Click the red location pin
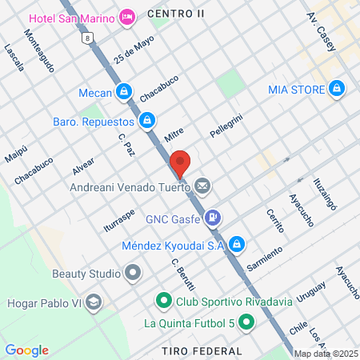(x=180, y=162)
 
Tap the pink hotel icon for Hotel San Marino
(x=126, y=17)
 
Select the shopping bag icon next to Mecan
(x=122, y=93)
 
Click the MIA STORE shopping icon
(x=337, y=88)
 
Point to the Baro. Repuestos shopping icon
(x=146, y=121)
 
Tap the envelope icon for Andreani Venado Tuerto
(x=202, y=187)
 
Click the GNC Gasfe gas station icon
(x=213, y=216)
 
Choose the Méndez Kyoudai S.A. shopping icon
(x=238, y=245)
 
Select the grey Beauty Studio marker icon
(x=133, y=274)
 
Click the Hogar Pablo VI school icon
(x=94, y=302)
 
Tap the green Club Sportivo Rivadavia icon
(x=164, y=302)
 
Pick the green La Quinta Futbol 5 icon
(x=246, y=323)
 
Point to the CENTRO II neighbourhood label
(x=177, y=14)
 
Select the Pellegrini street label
(x=226, y=126)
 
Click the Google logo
(x=27, y=350)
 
